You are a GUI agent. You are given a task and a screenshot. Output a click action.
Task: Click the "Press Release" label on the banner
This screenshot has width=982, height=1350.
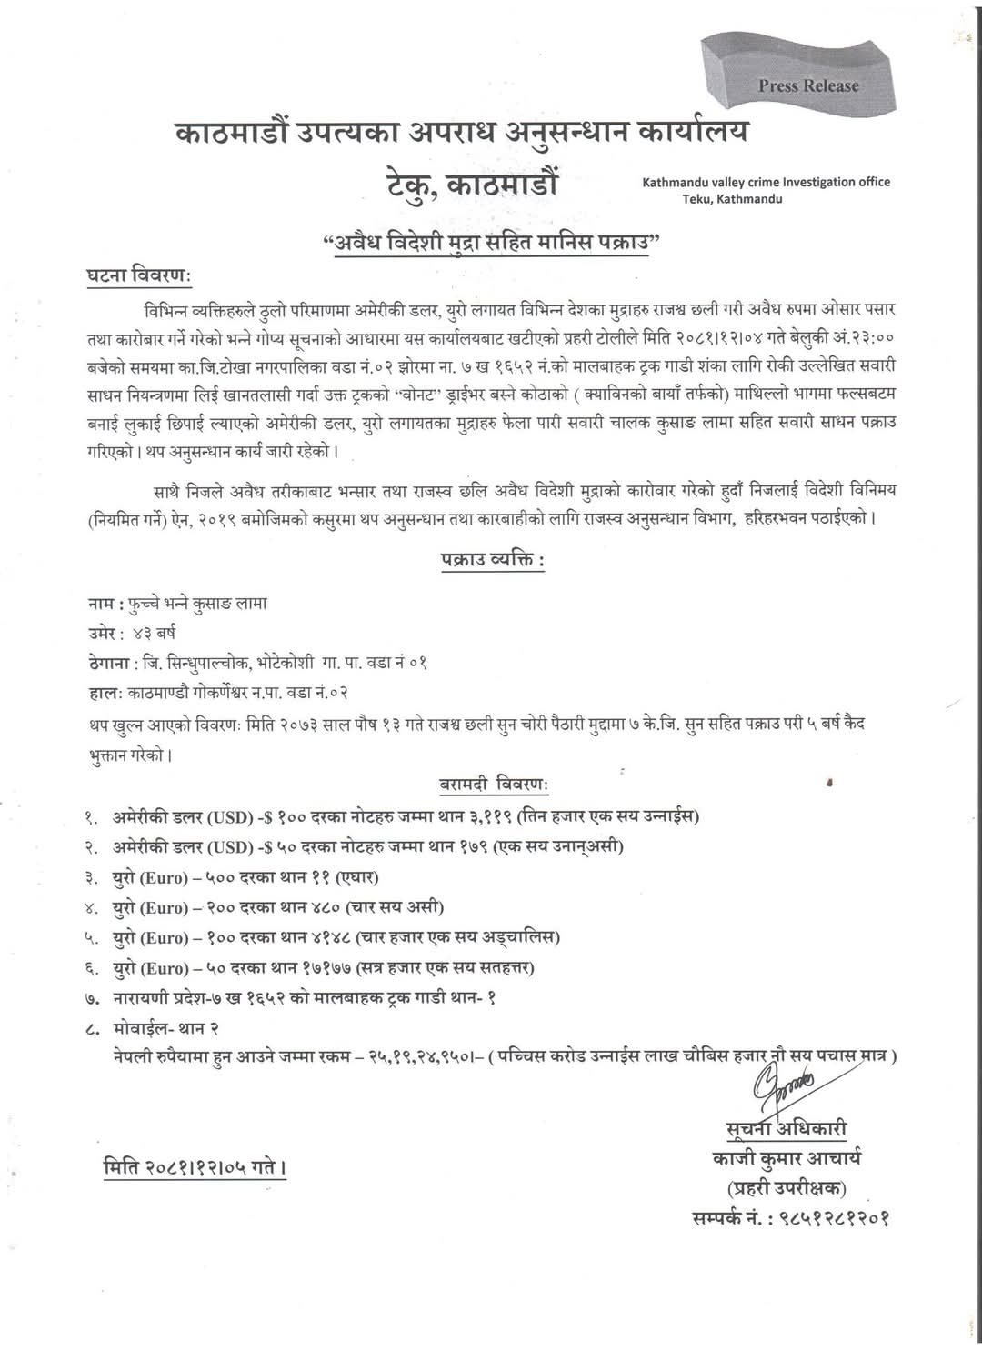[x=807, y=85]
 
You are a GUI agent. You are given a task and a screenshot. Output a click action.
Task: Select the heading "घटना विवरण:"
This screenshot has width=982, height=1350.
[x=139, y=275]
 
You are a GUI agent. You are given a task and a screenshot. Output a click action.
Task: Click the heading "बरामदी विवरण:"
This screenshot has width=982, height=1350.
[x=487, y=784]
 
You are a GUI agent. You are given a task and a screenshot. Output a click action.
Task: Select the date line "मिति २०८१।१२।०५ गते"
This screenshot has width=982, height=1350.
[x=193, y=1166]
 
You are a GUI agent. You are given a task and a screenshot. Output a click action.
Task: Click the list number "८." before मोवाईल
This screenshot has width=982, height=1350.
[x=91, y=1027]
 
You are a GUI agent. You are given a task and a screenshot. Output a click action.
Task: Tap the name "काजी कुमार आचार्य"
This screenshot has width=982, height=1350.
[x=787, y=1158]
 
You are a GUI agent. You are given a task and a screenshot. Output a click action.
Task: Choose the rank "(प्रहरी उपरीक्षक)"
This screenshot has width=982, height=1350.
[x=786, y=1187]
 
